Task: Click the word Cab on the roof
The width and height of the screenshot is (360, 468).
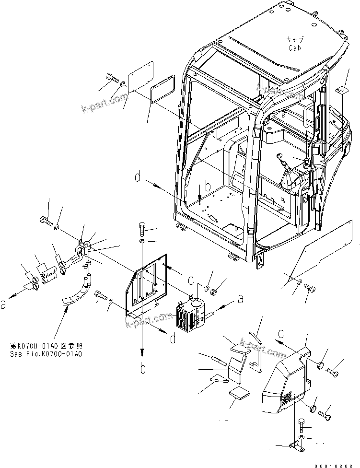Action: [x=294, y=48]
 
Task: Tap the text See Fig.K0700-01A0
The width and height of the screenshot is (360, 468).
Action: [x=46, y=354]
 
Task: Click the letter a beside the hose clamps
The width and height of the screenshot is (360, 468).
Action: [x=4, y=304]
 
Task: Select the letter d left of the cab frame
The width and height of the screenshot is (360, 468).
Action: [x=138, y=179]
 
